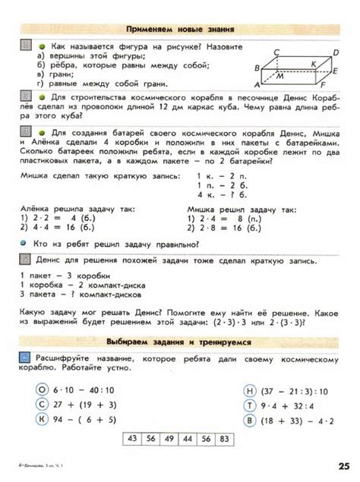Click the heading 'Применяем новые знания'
(180, 29)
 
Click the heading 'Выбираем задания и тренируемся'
(179, 342)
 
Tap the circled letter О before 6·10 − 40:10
(43, 390)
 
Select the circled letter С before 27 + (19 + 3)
(43, 405)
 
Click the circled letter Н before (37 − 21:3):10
(249, 390)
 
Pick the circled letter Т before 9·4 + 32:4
(249, 405)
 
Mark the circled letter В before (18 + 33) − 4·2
(249, 419)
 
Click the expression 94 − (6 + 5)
(86, 419)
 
